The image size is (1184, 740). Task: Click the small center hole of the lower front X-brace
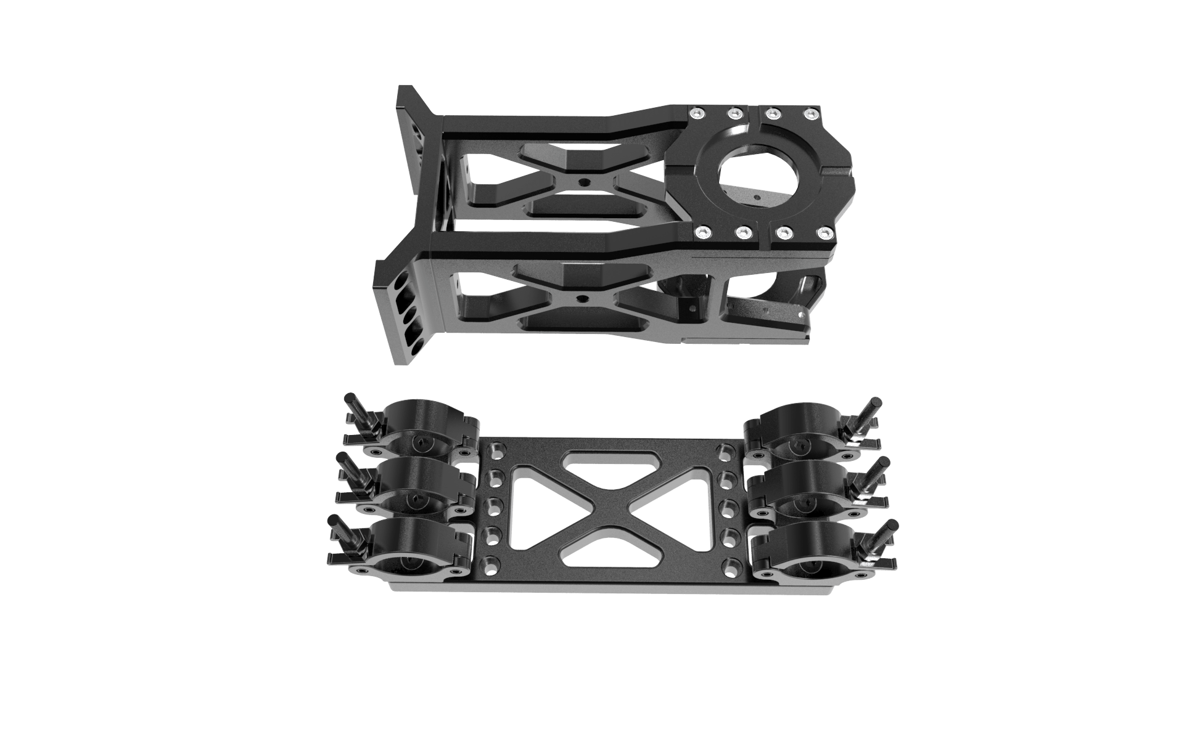(583, 298)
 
